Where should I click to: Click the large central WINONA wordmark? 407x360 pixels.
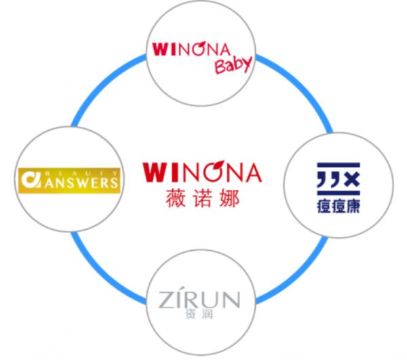pos(202,172)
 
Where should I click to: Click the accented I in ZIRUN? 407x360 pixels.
pos(179,300)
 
